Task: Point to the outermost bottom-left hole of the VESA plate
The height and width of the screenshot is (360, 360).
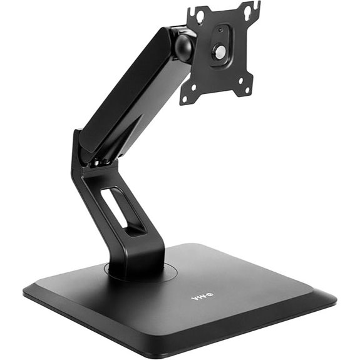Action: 187,98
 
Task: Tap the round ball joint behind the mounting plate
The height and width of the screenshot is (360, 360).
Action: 183,48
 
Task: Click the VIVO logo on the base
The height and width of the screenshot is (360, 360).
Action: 202,297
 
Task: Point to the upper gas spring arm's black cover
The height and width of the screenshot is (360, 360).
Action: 122,88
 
